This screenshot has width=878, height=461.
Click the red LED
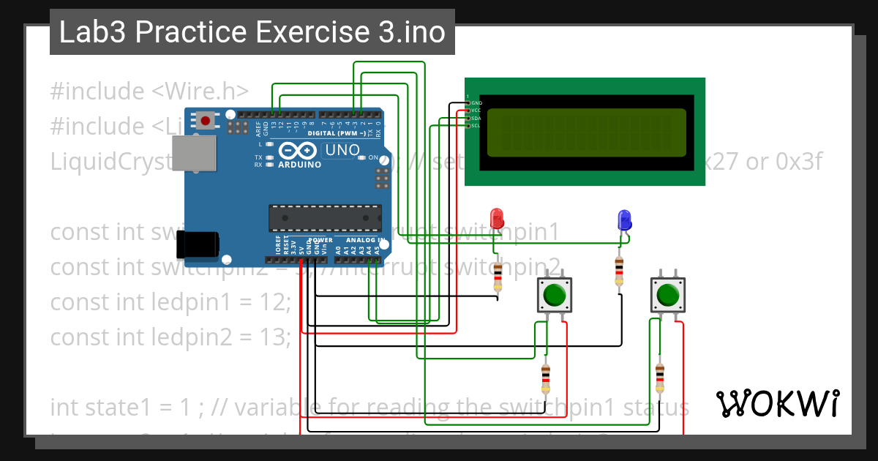497,218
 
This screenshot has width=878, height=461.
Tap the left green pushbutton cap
553,295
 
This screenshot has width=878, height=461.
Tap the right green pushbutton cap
667,295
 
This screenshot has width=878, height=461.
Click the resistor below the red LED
498,275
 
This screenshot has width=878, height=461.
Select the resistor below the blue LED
620,271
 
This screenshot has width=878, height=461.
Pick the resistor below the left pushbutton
546,378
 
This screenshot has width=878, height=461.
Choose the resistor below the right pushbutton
661,378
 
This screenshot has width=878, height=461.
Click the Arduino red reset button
206,120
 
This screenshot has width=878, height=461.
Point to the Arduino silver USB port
194,154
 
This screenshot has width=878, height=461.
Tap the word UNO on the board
342,150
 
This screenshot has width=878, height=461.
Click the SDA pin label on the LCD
476,118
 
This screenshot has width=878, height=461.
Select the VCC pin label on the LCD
476,110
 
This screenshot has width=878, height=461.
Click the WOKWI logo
777,403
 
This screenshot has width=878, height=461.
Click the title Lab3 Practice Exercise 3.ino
252,32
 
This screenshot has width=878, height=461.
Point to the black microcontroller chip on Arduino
325,218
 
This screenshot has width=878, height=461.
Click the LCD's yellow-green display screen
586,132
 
